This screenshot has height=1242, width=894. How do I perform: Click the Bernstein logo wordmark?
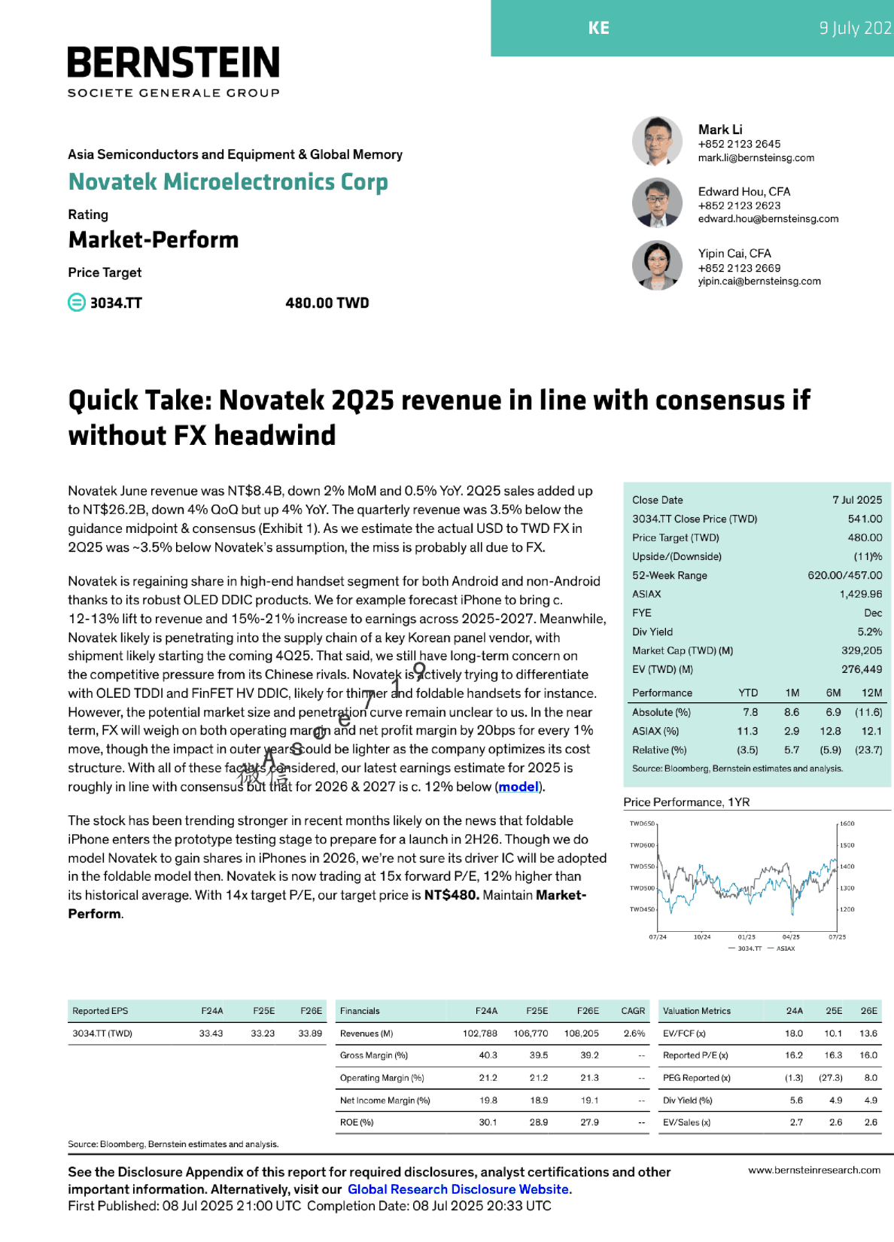click(173, 63)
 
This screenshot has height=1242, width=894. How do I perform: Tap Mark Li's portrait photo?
click(657, 141)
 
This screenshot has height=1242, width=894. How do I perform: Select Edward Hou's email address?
click(768, 219)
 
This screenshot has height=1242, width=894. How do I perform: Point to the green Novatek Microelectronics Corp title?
click(228, 182)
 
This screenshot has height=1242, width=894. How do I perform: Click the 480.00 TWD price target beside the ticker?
click(327, 303)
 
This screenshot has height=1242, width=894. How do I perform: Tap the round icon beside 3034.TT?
click(77, 303)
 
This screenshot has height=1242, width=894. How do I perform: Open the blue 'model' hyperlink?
click(518, 787)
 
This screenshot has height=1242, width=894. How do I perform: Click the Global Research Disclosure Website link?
click(458, 1189)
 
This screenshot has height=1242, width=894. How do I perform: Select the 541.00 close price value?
click(865, 519)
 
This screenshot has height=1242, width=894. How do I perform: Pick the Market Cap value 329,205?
click(862, 650)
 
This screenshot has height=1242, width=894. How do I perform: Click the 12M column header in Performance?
click(871, 693)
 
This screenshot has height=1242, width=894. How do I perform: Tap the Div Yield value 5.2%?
click(869, 632)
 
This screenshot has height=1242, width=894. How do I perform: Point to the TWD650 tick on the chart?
click(642, 823)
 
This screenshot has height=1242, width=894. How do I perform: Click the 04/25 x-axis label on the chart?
click(791, 937)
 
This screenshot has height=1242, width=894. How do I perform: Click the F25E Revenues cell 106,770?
click(531, 1033)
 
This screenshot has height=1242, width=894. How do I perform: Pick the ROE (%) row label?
click(357, 1122)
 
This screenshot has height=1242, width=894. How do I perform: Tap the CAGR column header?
click(633, 1011)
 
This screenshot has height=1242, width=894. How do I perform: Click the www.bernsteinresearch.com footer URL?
click(813, 1170)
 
